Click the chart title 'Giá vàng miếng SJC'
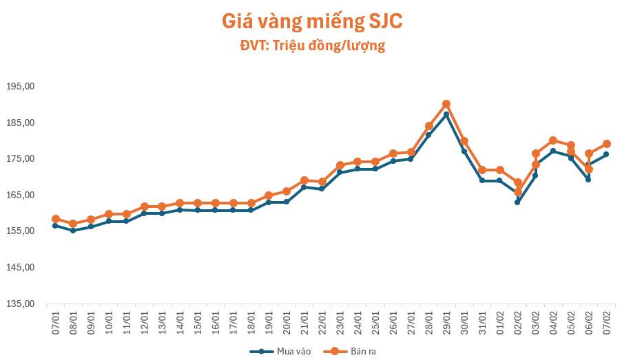[x=311, y=21]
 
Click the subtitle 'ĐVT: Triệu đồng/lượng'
[x=311, y=46]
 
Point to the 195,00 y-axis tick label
[x=20, y=87]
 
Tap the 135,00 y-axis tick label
[x=20, y=304]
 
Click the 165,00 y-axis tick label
[x=20, y=195]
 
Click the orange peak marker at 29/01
[x=446, y=104]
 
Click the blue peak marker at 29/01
[x=446, y=114]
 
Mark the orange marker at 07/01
[x=56, y=219]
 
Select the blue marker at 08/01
[x=73, y=231]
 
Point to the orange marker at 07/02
[x=607, y=144]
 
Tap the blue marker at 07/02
[x=607, y=154]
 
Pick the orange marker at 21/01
[x=304, y=180]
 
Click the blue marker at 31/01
[x=482, y=180]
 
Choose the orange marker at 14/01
[x=180, y=203]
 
